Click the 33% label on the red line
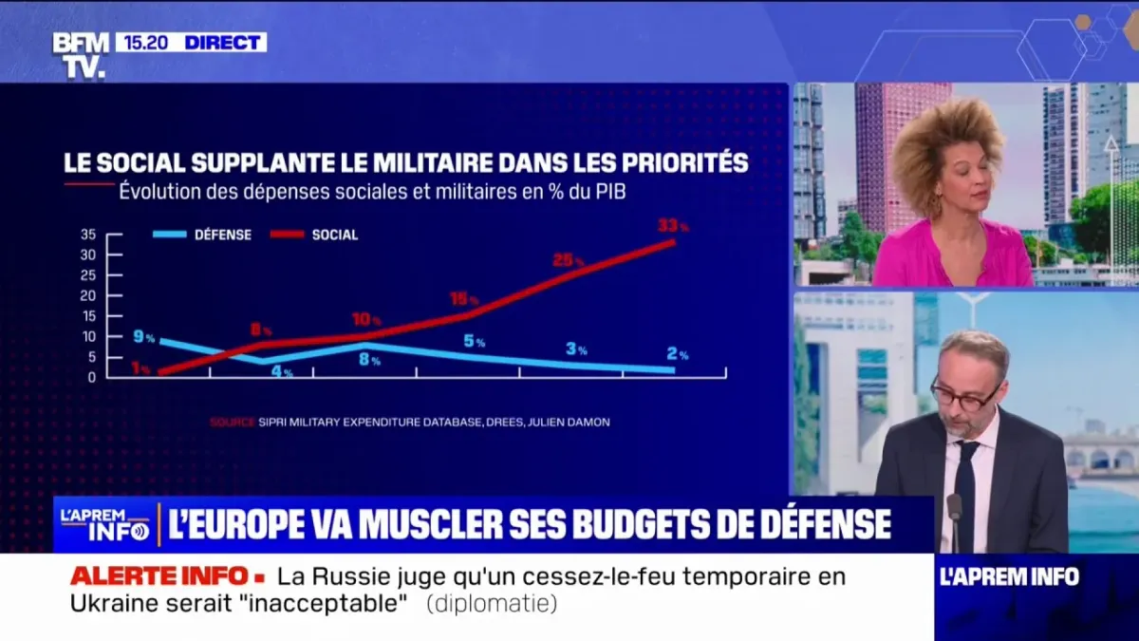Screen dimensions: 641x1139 pos(672,226)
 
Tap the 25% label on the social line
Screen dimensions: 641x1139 pos(568,260)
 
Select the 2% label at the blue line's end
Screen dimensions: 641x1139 pos(677,354)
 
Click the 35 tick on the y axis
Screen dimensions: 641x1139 pos(88,235)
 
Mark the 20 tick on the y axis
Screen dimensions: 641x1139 pos(88,295)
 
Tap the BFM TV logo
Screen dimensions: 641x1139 pos(80,54)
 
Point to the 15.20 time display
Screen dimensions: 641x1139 pos(146,43)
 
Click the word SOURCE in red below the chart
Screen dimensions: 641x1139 pos(233,422)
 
